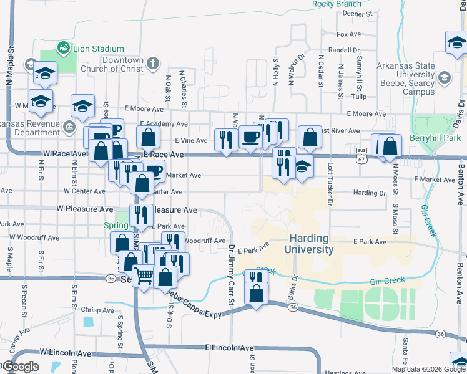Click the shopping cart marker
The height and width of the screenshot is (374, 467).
[x=144, y=275]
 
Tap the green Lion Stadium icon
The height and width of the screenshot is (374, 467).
[x=62, y=47]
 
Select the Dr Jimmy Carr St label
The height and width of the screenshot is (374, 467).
[x=230, y=275]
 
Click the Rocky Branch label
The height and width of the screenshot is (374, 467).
[x=337, y=4]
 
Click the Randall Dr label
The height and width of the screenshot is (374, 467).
[x=344, y=50]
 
